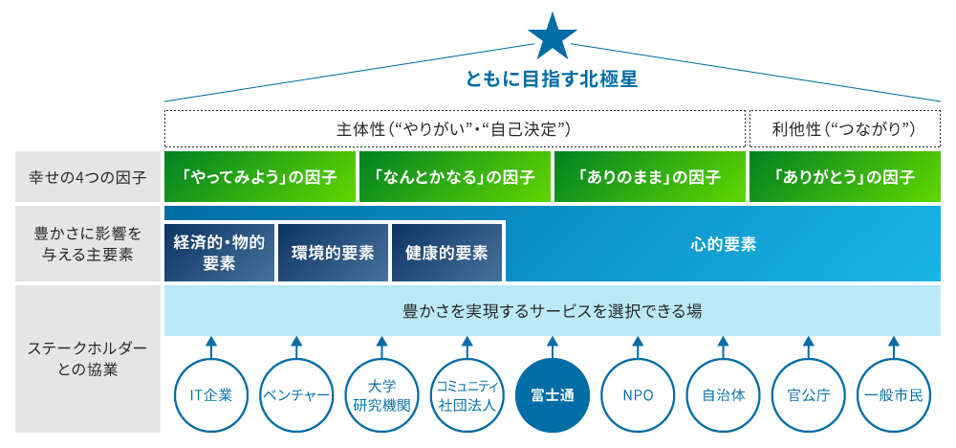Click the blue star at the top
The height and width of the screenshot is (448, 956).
(553, 35)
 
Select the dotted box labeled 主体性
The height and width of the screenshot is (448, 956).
(454, 127)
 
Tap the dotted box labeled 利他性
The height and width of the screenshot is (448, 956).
(844, 127)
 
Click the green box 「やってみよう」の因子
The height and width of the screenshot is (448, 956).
(259, 177)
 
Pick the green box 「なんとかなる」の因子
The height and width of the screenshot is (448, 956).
(454, 177)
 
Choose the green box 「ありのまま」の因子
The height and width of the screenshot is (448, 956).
(649, 177)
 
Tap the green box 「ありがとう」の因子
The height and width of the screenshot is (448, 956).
(845, 177)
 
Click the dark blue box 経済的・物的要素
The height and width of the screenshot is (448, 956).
(219, 253)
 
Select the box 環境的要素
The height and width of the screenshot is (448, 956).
(332, 253)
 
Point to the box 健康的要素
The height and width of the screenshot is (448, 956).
(446, 253)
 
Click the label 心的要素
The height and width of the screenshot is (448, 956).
(723, 244)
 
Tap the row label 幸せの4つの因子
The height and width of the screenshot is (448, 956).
(87, 177)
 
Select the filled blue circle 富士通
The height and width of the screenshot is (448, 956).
(552, 394)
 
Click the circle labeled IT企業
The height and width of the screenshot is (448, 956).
(211, 394)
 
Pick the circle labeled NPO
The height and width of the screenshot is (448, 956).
(638, 394)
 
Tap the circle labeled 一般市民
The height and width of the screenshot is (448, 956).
(893, 394)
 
